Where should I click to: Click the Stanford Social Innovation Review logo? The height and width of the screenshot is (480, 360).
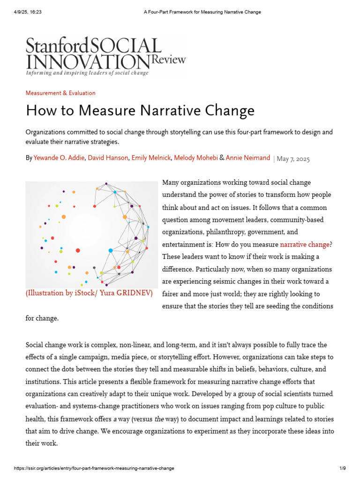tap(105, 55)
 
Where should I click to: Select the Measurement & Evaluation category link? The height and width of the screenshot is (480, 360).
tap(60, 93)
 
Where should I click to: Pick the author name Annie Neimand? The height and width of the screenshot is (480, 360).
tap(248, 158)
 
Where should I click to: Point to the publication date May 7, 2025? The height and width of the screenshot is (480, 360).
tap(293, 159)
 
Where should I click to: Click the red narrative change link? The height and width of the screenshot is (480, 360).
tap(304, 244)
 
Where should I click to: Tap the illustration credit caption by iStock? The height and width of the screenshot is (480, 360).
tap(89, 293)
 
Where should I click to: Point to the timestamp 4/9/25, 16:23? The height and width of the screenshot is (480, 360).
tap(28, 12)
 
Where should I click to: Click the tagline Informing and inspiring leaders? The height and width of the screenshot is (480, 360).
tap(87, 73)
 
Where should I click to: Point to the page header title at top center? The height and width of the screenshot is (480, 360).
tap(202, 12)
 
